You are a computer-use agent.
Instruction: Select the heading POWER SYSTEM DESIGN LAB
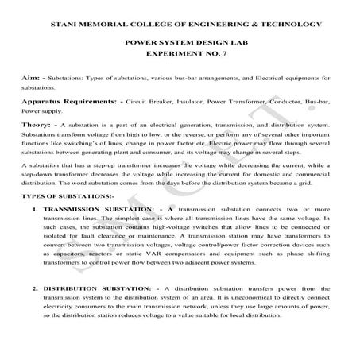pos(179,48)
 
